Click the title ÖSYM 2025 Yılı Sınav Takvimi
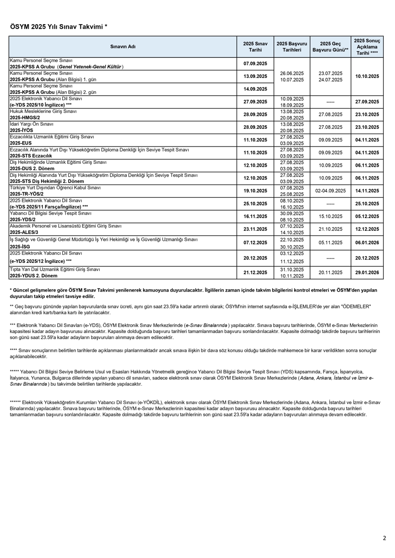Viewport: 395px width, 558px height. pyautogui.click(x=58, y=27)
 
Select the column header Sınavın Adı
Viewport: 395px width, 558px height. pyautogui.click(x=123, y=47)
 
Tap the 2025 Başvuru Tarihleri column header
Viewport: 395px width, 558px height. pyautogui.click(x=292, y=47)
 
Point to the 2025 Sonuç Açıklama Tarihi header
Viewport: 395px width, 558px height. pyautogui.click(x=367, y=47)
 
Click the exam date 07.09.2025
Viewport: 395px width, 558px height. pyautogui.click(x=255, y=64)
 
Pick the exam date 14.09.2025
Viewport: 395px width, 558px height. pyautogui.click(x=255, y=89)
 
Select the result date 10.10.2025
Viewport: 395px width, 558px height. pyautogui.click(x=367, y=76)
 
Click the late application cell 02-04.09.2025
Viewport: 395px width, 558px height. pyautogui.click(x=330, y=191)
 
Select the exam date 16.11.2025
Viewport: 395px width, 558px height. pyautogui.click(x=255, y=216)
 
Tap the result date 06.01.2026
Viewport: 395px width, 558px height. pyautogui.click(x=367, y=242)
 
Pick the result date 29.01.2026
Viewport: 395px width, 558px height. pyautogui.click(x=367, y=273)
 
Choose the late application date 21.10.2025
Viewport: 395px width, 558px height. pyautogui.click(x=330, y=229)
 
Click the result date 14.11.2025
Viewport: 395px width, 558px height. pyautogui.click(x=367, y=191)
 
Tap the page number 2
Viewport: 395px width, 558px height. pyautogui.click(x=385, y=538)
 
